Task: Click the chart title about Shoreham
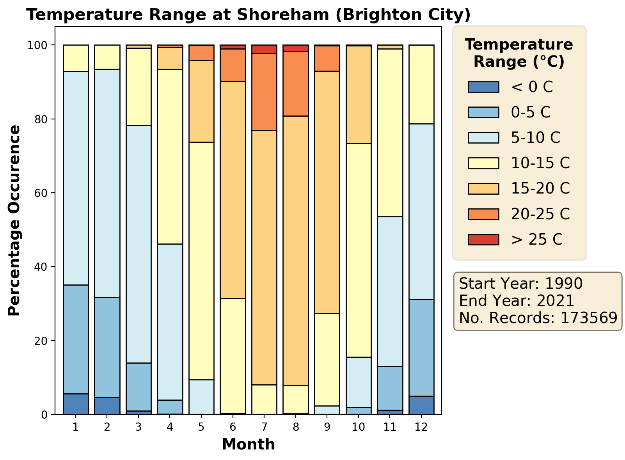click(x=248, y=15)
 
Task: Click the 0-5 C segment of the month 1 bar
click(x=76, y=339)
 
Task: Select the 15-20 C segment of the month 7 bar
click(x=265, y=258)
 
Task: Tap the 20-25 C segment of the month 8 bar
click(x=296, y=83)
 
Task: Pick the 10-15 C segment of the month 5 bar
click(x=201, y=261)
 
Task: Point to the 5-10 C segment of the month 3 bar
click(x=138, y=244)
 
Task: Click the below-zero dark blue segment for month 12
click(x=421, y=405)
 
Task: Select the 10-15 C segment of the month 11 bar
click(x=390, y=133)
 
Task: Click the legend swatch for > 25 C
click(x=483, y=240)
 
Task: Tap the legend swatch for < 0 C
click(x=483, y=87)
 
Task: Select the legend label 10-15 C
click(x=540, y=163)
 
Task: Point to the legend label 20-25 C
click(x=540, y=214)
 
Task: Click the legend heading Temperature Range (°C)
click(x=519, y=53)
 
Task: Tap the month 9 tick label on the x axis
click(x=327, y=427)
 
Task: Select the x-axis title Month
click(x=249, y=444)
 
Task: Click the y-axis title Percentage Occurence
click(x=14, y=220)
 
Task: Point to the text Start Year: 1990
click(x=521, y=284)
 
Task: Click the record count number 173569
click(x=589, y=318)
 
